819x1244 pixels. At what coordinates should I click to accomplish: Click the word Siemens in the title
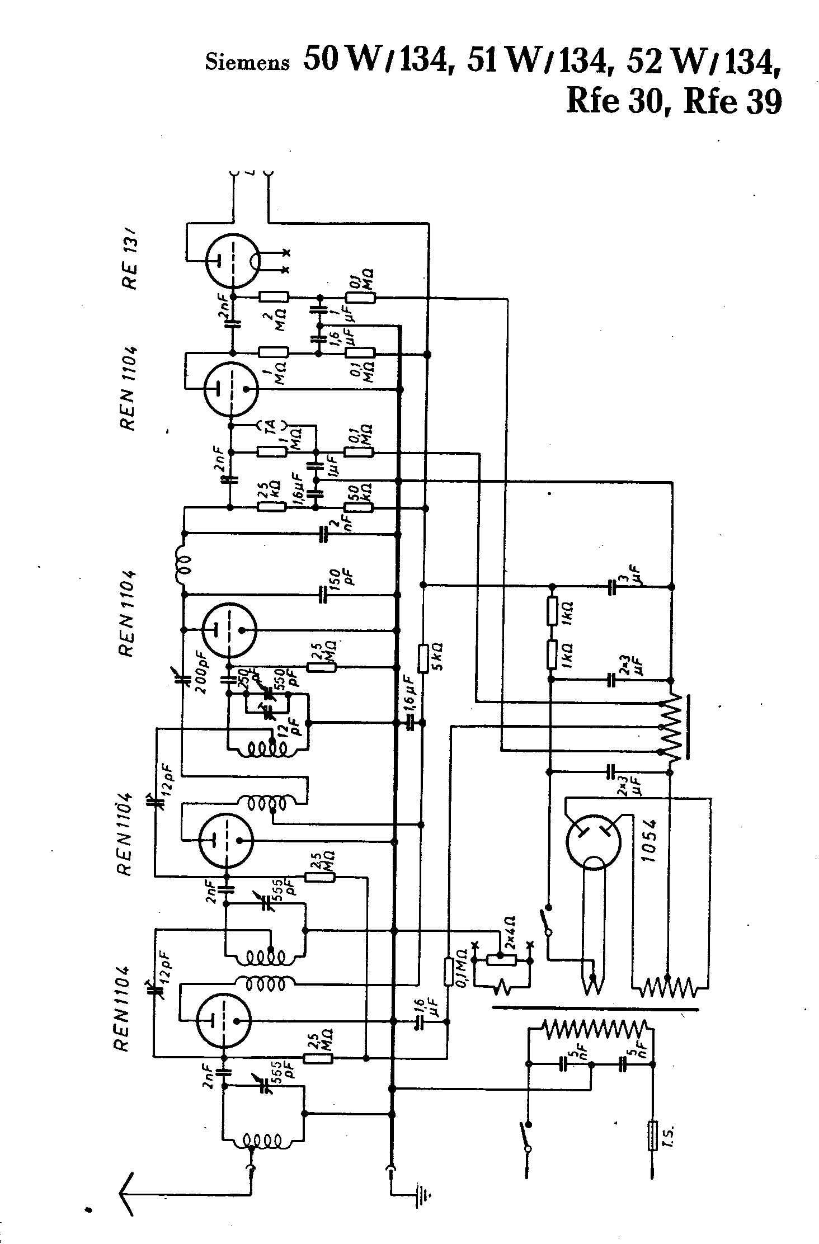click(247, 62)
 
